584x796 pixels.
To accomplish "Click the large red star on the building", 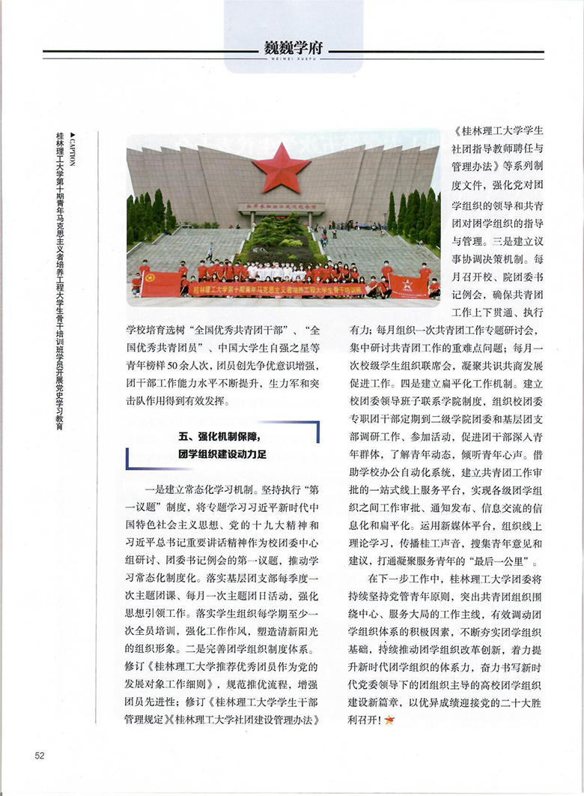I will [x=281, y=167].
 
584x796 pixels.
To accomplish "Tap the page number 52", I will [x=40, y=755].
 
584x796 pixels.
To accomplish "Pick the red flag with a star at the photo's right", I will [x=408, y=286].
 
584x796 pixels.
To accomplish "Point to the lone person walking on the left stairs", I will [x=210, y=252].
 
